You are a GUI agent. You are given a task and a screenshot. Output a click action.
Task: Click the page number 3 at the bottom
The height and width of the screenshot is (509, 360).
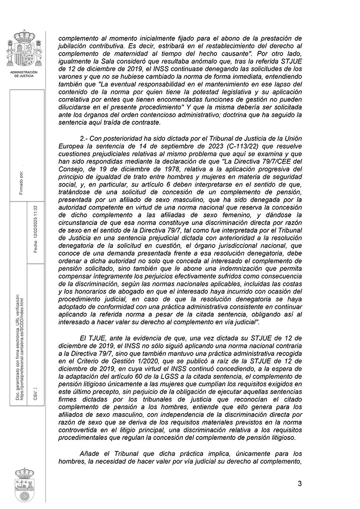(x=300, y=483)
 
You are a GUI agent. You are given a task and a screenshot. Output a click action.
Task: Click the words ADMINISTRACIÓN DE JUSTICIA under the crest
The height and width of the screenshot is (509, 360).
(x=24, y=73)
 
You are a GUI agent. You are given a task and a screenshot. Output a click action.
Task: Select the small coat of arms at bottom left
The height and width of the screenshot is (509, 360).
(x=24, y=485)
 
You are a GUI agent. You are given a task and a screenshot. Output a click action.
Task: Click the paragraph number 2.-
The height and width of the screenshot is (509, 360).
(x=84, y=139)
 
